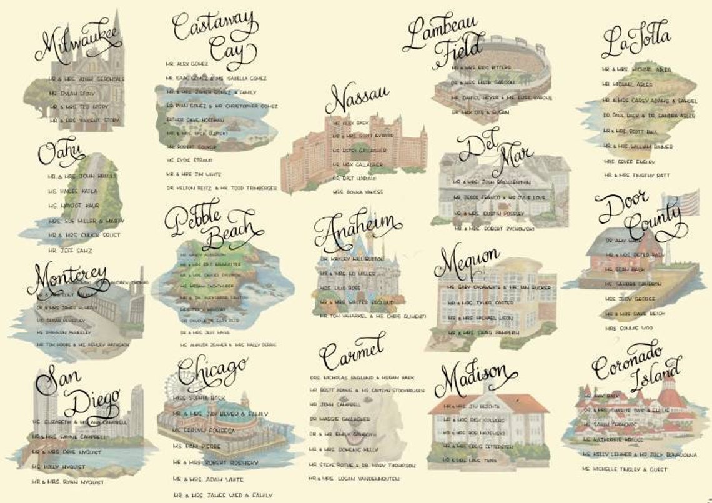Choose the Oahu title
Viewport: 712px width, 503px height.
[x=61, y=152]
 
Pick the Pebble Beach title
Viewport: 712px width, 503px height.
[x=210, y=224]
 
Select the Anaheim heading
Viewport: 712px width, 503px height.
[x=358, y=231]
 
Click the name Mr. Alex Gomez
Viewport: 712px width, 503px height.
[x=187, y=64]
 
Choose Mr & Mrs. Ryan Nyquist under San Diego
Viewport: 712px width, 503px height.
[x=68, y=482]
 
